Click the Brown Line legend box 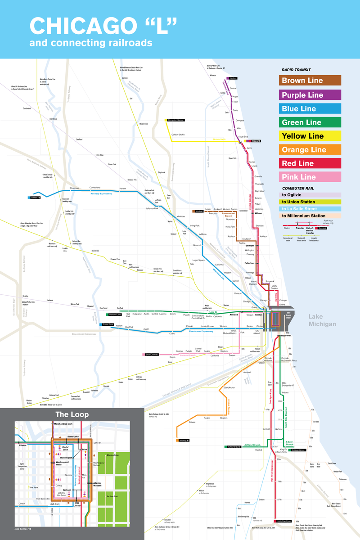[310, 81]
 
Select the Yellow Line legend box [310, 135]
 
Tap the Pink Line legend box [310, 177]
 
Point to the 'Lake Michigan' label [322, 321]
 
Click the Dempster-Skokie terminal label [175, 120]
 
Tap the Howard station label [256, 141]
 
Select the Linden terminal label [233, 78]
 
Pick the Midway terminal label [184, 440]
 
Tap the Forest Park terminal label [108, 324]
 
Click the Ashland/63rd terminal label [232, 447]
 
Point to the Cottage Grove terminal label [298, 450]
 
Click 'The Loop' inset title [72, 414]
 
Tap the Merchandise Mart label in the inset [63, 424]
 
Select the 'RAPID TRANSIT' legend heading [296, 70]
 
